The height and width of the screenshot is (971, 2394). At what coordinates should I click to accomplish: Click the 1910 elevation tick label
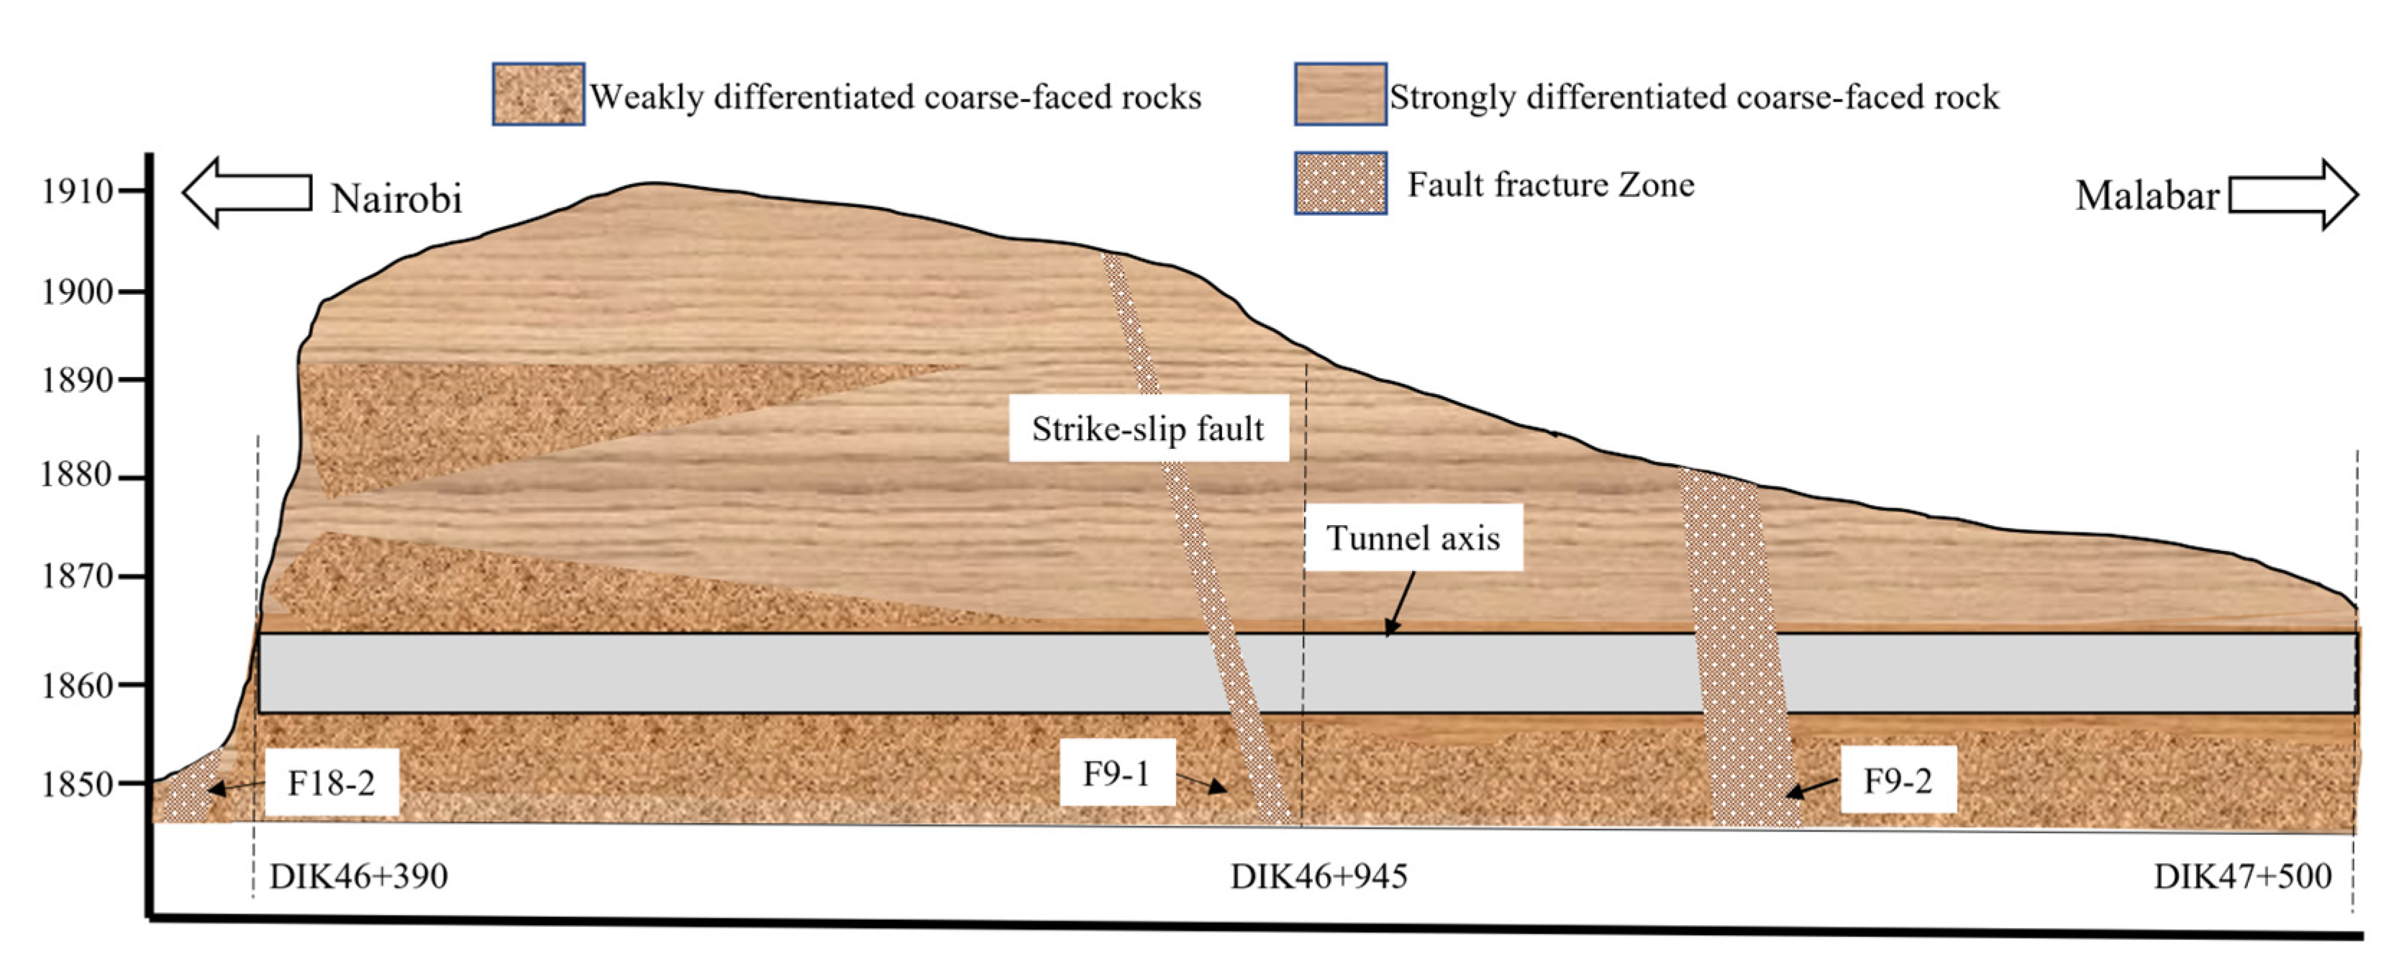[x=76, y=191]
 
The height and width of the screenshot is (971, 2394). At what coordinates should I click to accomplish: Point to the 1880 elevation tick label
[x=76, y=475]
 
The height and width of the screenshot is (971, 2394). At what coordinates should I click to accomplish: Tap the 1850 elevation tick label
[x=76, y=784]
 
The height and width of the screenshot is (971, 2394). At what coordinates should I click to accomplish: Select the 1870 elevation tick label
[x=76, y=576]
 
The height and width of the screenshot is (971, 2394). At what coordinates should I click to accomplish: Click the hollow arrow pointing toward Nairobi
[x=246, y=192]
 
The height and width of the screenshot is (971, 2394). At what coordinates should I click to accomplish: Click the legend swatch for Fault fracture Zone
[x=1340, y=183]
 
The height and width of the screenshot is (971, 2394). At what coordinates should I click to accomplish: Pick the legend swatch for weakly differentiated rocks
[x=538, y=94]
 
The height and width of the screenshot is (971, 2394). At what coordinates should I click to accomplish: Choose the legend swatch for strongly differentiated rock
[x=1340, y=94]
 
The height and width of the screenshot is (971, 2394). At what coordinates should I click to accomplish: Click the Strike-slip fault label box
[x=1148, y=429]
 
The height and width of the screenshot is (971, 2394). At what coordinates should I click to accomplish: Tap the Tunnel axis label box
[x=1413, y=538]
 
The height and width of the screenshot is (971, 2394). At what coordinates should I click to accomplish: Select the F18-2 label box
[x=332, y=783]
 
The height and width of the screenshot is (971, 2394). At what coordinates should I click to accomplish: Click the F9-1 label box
[x=1116, y=772]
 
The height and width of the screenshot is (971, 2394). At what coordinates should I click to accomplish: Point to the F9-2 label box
[x=1898, y=780]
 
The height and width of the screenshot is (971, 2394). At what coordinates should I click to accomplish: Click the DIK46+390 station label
[x=359, y=876]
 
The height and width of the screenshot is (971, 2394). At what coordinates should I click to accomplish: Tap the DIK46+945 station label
[x=1319, y=876]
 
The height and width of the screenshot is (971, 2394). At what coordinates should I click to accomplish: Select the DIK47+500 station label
[x=2241, y=876]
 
